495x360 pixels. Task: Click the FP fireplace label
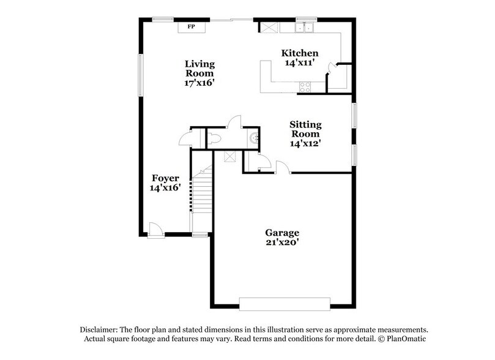pos(191,28)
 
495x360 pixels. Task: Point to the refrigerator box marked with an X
pos(269,27)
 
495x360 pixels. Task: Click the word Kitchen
pos(299,53)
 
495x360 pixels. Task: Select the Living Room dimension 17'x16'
pos(200,83)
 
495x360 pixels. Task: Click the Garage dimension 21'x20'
pos(282,242)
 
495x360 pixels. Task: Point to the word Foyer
pos(165,178)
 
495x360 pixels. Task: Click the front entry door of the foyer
pos(155,231)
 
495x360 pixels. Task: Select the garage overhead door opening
pos(285,304)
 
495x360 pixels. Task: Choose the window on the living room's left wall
pos(140,75)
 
